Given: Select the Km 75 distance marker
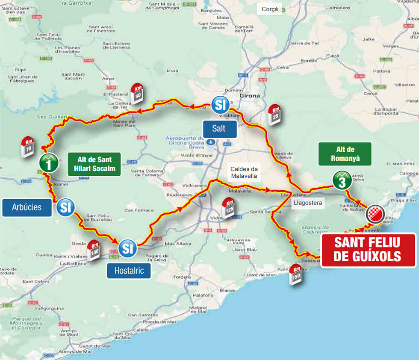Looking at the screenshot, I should (28, 148).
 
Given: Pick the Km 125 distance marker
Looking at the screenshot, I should (230, 209).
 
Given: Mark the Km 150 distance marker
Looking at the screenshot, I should (295, 274).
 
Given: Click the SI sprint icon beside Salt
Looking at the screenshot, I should (220, 105).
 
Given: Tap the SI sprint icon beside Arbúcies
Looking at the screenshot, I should (65, 208).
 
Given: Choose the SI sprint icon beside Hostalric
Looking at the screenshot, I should (127, 248).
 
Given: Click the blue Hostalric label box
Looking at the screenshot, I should (129, 270).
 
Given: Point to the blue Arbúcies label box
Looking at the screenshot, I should (27, 207).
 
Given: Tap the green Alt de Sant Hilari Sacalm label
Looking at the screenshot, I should (94, 164).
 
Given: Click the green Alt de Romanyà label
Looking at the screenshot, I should (345, 154).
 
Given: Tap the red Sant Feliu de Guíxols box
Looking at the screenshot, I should (368, 250).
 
